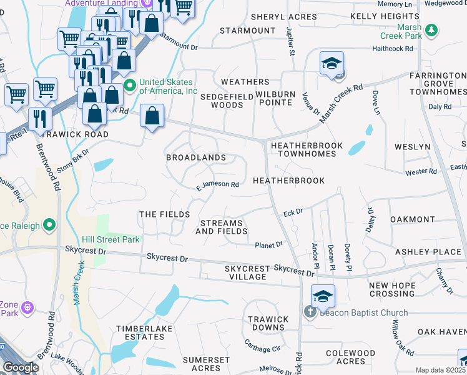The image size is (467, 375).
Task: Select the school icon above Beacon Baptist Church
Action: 323,296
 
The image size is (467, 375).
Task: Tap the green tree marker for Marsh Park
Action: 431,29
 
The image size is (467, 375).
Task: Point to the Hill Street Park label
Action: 111,239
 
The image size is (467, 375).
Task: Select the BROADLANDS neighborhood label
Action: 195,158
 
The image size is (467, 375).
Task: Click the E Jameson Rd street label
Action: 217,185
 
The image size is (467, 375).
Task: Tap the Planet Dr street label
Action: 269,244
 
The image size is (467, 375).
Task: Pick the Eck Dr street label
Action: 293,212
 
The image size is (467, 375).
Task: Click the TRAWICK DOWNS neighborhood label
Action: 268,323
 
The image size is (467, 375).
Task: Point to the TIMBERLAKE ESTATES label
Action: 140,332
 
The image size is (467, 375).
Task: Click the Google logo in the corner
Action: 21,367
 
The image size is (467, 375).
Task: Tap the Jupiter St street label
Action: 290,41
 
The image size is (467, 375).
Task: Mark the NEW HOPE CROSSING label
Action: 401,289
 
